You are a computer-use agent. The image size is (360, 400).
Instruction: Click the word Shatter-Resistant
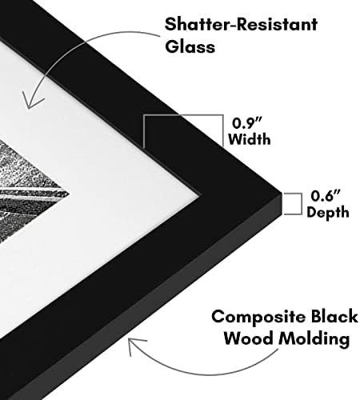(x=241, y=25)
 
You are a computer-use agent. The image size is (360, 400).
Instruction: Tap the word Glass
(x=190, y=46)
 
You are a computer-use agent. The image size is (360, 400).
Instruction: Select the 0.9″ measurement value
(x=246, y=123)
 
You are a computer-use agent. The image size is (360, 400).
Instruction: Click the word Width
(x=250, y=139)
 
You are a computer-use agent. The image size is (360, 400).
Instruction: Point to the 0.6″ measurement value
(x=326, y=195)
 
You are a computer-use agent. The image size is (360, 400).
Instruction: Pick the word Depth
(x=328, y=213)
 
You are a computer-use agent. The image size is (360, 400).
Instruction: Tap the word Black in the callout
(x=334, y=316)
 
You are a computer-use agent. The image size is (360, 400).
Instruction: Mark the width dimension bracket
(x=183, y=115)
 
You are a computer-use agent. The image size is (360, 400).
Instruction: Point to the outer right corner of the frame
(x=282, y=193)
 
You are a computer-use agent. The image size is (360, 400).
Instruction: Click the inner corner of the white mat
(x=199, y=196)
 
